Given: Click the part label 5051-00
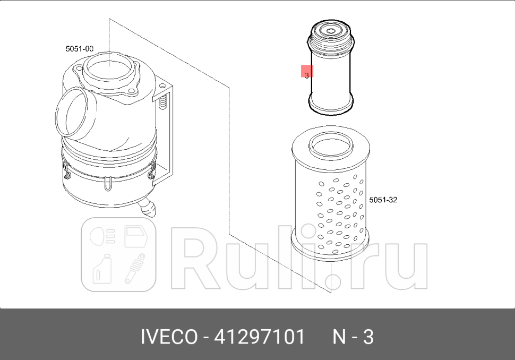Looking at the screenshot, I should coord(79,49).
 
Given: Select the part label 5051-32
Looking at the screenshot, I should coord(383,200).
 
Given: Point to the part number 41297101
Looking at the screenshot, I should coord(259,337).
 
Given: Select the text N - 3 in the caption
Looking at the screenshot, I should coord(353,337).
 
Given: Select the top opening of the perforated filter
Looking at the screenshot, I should coord(330,142).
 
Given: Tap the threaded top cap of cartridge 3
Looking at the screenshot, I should coord(330,33).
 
